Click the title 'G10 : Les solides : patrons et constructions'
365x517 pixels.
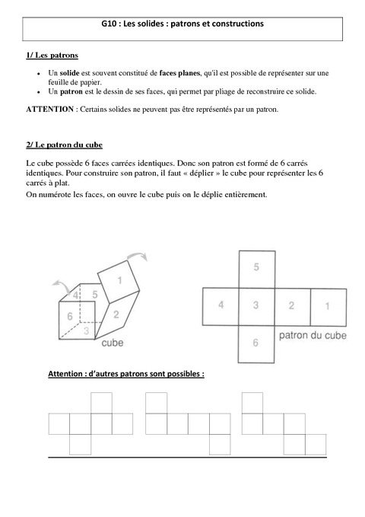point(182,24)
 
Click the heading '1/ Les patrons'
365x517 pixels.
point(51,57)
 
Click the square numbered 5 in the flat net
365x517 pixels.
point(256,267)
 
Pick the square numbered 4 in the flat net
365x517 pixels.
point(221,305)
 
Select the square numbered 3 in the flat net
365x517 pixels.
point(256,305)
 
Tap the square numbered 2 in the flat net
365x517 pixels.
point(291,305)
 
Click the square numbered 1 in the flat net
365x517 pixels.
point(327,305)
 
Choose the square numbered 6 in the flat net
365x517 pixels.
point(256,343)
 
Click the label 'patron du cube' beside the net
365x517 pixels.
point(313,334)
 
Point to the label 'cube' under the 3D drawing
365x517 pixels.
point(113,343)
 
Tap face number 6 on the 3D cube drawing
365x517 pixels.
point(69,316)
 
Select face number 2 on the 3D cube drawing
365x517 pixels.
point(116,313)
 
